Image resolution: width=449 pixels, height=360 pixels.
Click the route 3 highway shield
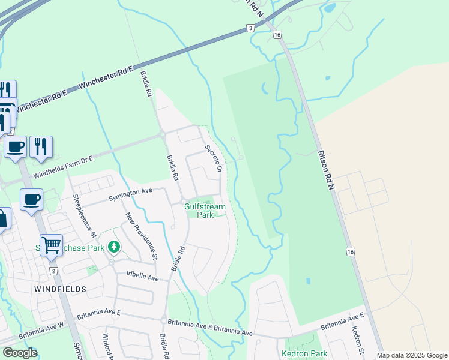point(250,28)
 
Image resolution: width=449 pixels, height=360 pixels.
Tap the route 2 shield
point(53,272)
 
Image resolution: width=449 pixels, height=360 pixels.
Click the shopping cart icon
point(52,245)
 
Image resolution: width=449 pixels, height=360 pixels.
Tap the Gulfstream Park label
point(205,211)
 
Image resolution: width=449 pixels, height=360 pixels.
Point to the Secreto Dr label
point(214,160)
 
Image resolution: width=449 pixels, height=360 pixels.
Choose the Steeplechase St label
point(84,214)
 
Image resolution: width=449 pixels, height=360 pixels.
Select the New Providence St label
point(141,236)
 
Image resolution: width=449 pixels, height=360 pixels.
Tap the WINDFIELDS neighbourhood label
point(60,289)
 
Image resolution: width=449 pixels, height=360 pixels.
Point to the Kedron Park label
point(304,353)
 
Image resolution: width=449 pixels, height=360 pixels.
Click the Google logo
point(20,353)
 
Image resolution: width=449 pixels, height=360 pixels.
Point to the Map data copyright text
point(412,355)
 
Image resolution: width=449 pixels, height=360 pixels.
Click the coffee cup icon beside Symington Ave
point(31,200)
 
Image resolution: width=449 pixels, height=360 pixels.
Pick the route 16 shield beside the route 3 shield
point(277,35)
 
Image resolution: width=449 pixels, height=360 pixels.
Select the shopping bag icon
point(2,218)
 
